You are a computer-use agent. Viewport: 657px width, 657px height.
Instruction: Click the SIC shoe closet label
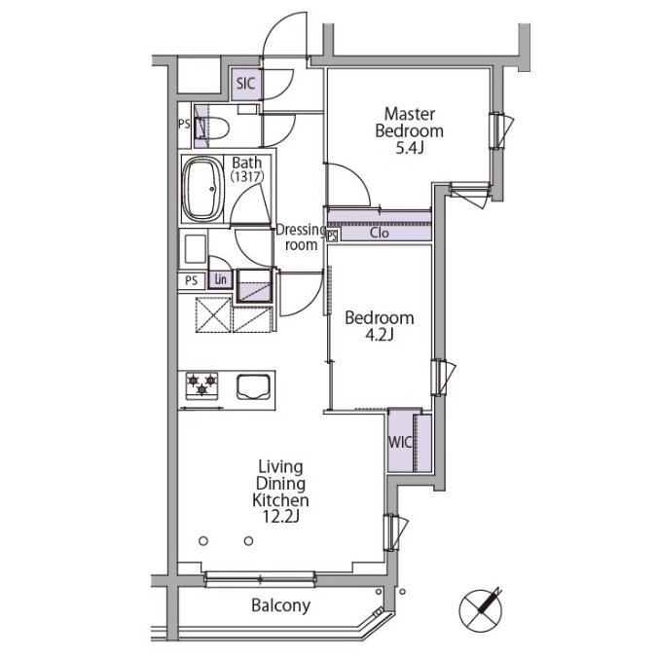pos(245,84)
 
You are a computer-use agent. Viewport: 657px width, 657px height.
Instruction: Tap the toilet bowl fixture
pos(212,128)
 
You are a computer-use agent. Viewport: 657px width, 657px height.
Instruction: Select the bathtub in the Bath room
pos(203,189)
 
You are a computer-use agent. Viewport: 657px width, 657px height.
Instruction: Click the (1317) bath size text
pos(247,177)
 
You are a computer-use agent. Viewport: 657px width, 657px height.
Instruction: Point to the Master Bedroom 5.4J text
pos(409,130)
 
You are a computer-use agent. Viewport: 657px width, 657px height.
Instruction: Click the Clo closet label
pos(380,233)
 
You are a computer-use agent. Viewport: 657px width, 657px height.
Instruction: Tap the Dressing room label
pos(301,237)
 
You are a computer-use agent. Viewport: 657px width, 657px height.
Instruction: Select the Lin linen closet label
pos(220,279)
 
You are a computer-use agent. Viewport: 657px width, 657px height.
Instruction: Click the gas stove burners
pos(201,384)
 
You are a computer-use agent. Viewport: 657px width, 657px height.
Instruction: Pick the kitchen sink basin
pos(253,386)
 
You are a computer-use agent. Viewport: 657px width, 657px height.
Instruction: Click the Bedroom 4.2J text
pos(380,326)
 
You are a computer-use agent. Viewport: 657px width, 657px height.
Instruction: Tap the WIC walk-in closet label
pos(400,443)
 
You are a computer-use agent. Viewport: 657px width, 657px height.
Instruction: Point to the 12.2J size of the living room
pos(280,517)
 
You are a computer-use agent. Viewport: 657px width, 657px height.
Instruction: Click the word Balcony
pos(280,605)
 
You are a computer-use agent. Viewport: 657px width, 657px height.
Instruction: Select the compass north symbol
pos(481,610)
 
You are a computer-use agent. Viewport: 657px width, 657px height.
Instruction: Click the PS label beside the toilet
pos(184,125)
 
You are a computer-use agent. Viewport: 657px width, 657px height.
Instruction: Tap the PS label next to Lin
pos(191,280)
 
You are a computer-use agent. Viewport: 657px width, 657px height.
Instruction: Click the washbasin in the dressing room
pos(195,249)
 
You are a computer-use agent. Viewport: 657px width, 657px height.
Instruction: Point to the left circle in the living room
pos(203,541)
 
